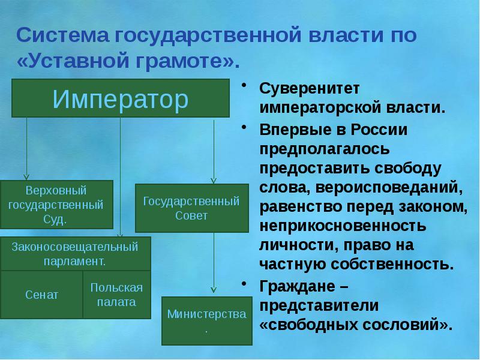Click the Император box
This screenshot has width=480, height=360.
(x=120, y=98)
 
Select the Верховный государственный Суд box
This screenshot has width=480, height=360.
(x=56, y=205)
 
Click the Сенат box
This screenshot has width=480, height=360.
(x=41, y=295)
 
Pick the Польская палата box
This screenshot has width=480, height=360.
(x=116, y=294)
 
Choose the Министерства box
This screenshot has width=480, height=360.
(x=207, y=320)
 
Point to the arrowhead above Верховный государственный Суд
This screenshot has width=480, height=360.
(x=26, y=176)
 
